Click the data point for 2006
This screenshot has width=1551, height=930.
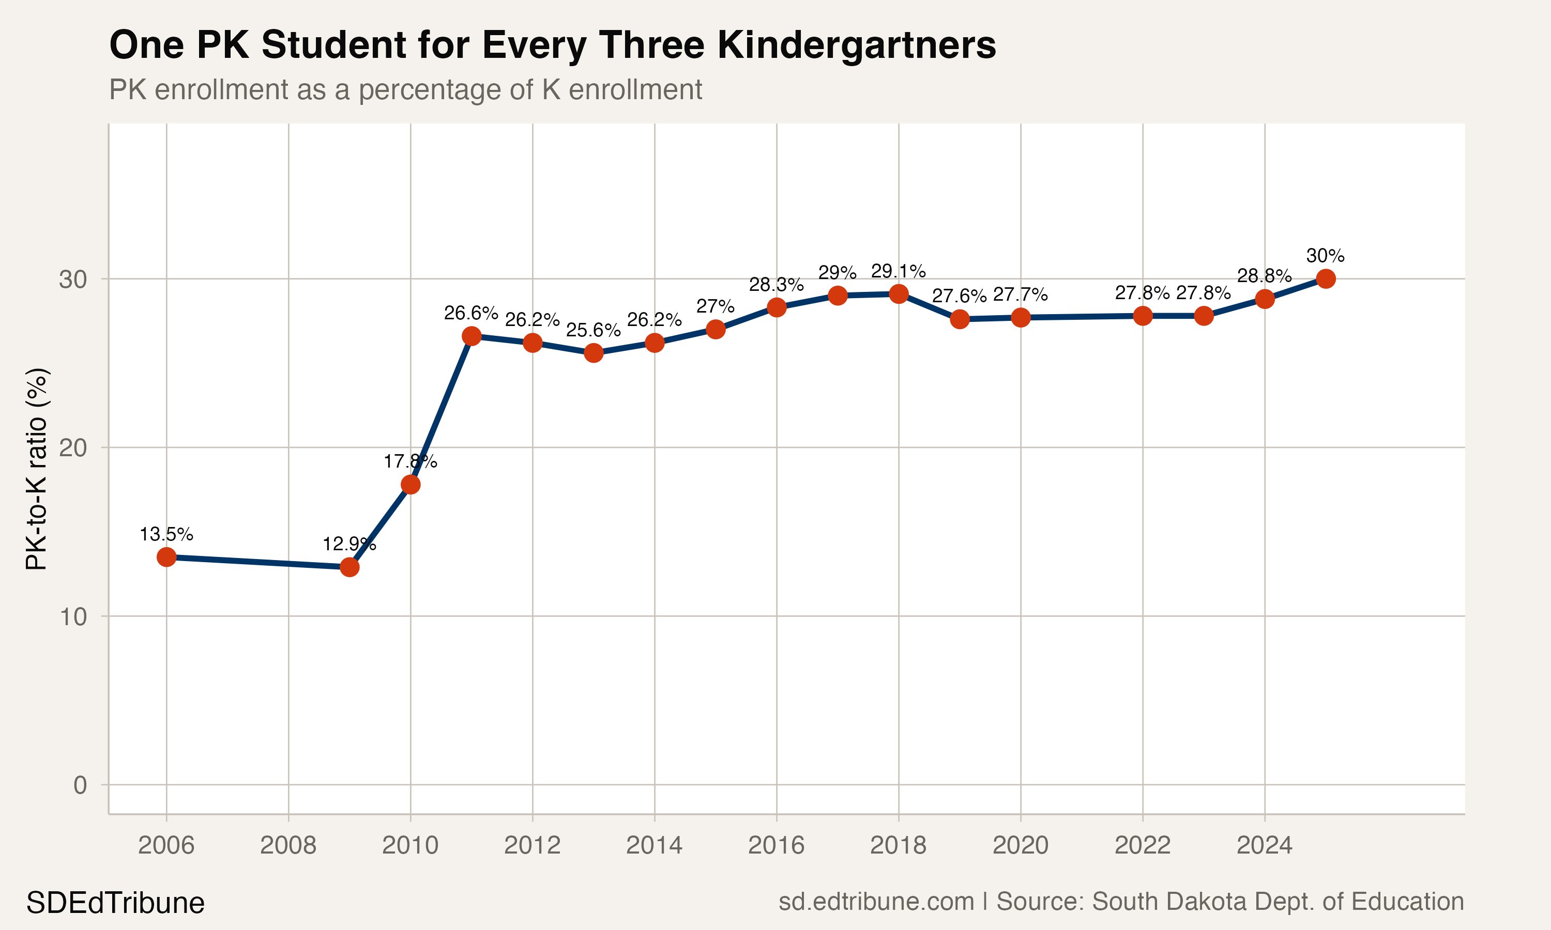pyautogui.click(x=166, y=556)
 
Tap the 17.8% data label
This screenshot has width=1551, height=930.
pyautogui.click(x=410, y=462)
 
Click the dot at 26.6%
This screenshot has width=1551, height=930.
pyautogui.click(x=472, y=336)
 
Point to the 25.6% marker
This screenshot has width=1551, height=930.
pyautogui.click(x=594, y=353)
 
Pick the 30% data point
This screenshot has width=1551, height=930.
pyautogui.click(x=1325, y=279)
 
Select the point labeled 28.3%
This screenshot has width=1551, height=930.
pyautogui.click(x=776, y=307)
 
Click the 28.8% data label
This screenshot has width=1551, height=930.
pyautogui.click(x=1264, y=276)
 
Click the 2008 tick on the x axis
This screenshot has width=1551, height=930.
pyautogui.click(x=288, y=845)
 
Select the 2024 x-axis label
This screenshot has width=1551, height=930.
pyautogui.click(x=1264, y=845)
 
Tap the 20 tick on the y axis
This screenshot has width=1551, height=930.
pyautogui.click(x=73, y=447)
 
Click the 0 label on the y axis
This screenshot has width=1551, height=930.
pyautogui.click(x=80, y=785)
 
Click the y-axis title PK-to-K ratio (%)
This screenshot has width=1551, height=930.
pyautogui.click(x=36, y=469)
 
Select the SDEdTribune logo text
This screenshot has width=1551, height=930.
pyautogui.click(x=115, y=903)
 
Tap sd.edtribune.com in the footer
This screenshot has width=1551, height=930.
pyautogui.click(x=876, y=901)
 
